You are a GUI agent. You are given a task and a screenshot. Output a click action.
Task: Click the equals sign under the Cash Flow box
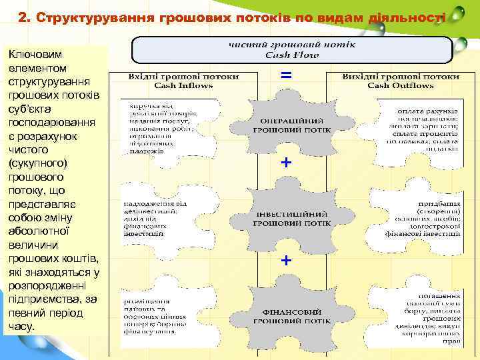pyautogui.click(x=286, y=76)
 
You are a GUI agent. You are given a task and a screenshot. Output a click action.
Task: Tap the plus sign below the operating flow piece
pyautogui.click(x=286, y=162)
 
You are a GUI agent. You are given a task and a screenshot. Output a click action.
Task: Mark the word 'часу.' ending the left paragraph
pyautogui.click(x=22, y=326)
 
